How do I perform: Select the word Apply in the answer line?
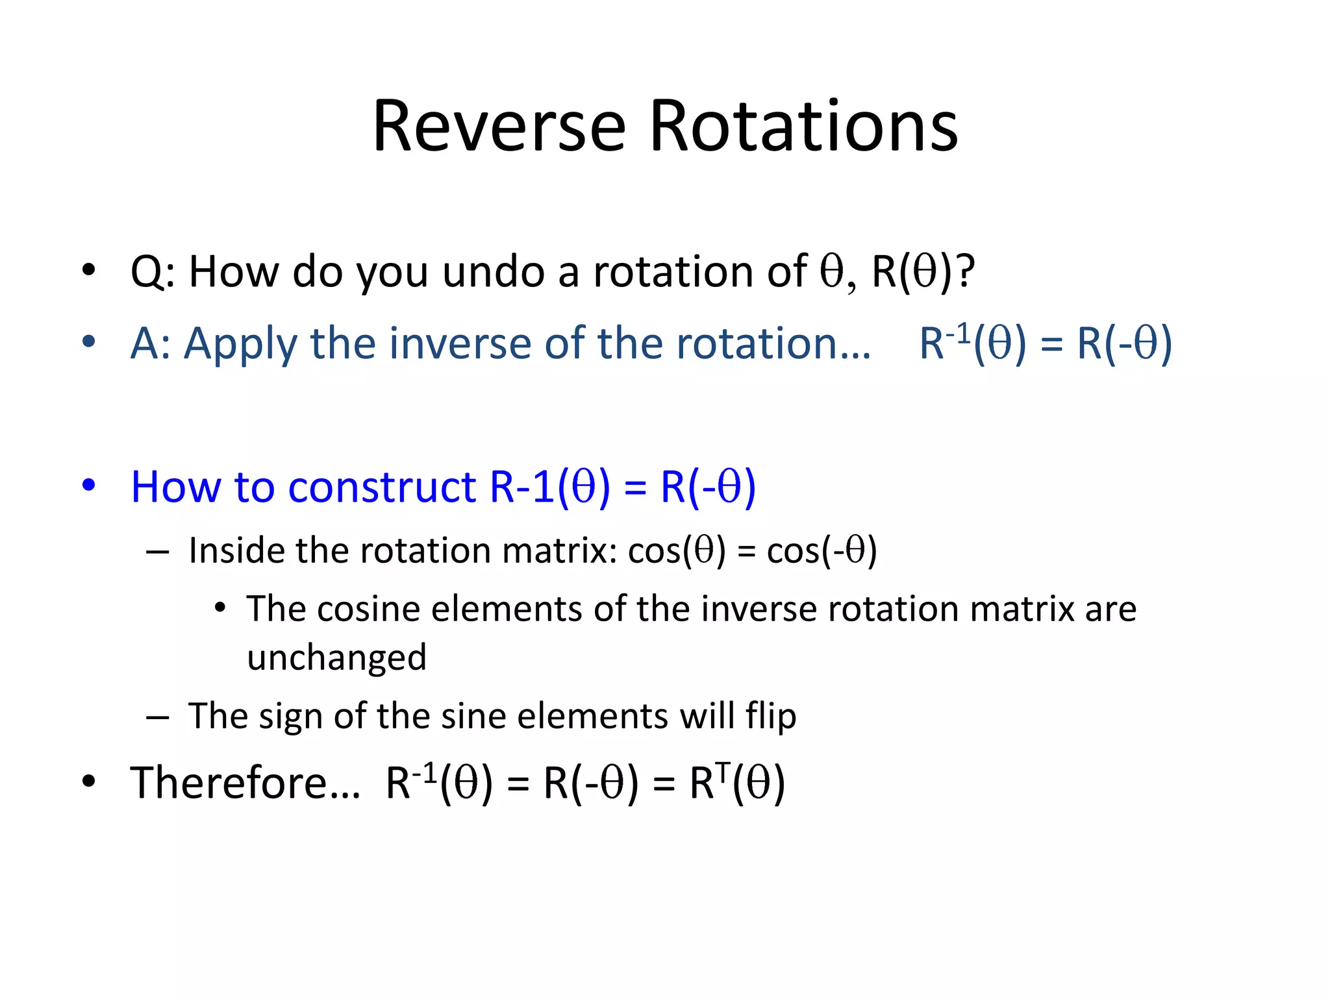[x=241, y=344]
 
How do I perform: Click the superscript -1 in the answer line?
[x=958, y=334]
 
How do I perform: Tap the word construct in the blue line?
[x=382, y=487]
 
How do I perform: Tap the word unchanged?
[x=336, y=658]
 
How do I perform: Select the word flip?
[x=770, y=717]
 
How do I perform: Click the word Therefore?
[x=245, y=783]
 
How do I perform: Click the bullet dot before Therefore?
[x=89, y=782]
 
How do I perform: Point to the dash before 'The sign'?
[x=158, y=717]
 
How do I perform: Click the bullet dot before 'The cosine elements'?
[x=220, y=608]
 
